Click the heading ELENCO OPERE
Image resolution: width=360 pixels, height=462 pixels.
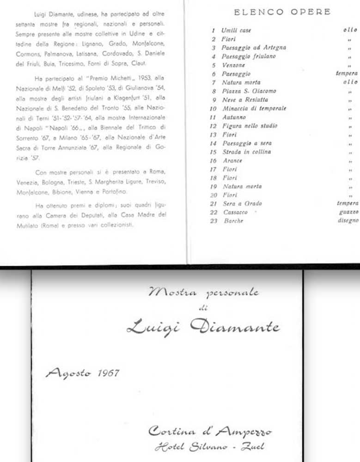(282, 12)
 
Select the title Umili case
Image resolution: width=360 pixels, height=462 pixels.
(236, 30)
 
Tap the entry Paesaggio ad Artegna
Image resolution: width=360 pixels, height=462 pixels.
(254, 48)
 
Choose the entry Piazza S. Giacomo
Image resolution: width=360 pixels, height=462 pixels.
(249, 91)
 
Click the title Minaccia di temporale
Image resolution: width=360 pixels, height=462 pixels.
(254, 109)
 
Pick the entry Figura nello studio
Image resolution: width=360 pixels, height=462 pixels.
(250, 126)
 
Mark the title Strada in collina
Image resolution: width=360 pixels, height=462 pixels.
(246, 152)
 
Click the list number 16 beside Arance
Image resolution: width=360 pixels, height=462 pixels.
(213, 161)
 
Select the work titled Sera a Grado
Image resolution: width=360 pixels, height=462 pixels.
(242, 204)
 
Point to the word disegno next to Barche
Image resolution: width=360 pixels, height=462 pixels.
(348, 221)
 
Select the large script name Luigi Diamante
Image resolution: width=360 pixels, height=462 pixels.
(203, 327)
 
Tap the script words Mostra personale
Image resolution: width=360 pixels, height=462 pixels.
(203, 292)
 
